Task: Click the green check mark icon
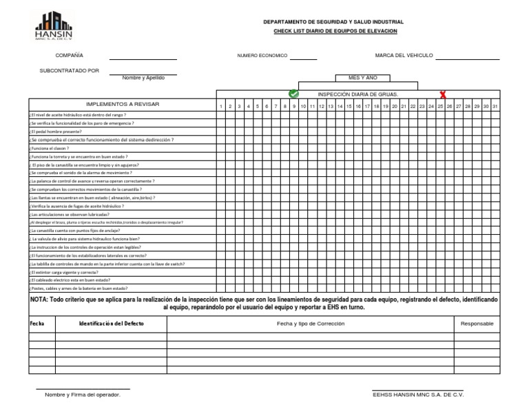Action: [294, 94]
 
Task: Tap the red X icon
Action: [443, 94]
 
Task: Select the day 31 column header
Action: [495, 106]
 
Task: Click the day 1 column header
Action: [221, 106]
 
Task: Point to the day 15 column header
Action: [349, 106]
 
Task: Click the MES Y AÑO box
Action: [362, 78]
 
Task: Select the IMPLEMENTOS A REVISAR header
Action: [122, 103]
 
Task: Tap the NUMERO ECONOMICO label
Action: [262, 55]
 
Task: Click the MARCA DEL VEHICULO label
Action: [404, 55]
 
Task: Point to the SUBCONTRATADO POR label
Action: [70, 70]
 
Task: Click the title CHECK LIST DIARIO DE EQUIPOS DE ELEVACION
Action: [335, 32]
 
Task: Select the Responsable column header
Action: [477, 323]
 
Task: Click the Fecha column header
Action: [37, 323]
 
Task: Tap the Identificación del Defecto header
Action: [112, 323]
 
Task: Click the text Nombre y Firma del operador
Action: [83, 395]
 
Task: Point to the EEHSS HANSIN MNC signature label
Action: [418, 395]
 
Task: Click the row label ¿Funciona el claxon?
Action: [50, 148]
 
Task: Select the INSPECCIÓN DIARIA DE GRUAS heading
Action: [357, 94]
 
